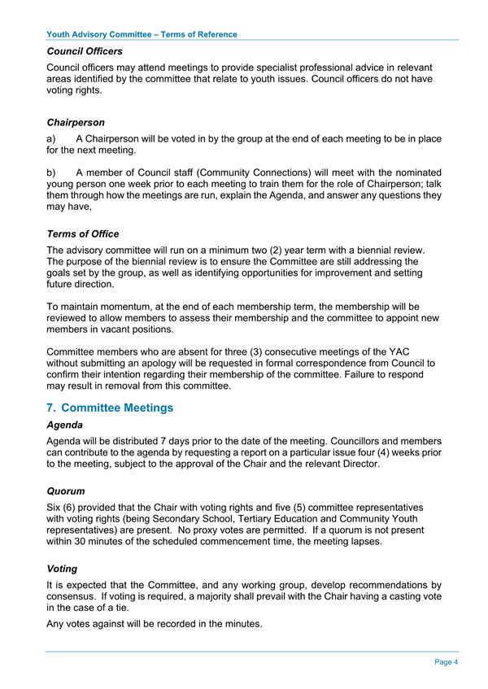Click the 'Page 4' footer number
point(446,662)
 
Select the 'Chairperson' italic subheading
point(76,123)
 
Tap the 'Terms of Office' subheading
point(83,234)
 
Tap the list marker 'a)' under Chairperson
point(52,139)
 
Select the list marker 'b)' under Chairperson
point(52,172)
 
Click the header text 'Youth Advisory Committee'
point(98,34)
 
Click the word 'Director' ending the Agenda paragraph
point(355,464)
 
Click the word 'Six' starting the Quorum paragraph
point(56,508)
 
